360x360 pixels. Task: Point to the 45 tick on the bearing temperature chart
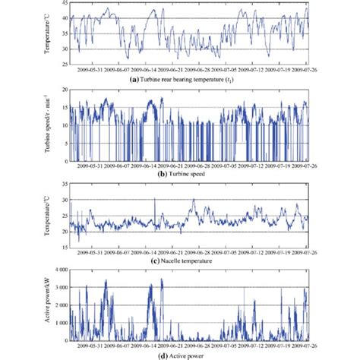coord(63,5)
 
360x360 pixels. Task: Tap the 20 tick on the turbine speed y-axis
coord(63,90)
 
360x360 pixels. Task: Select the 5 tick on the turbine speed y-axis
coord(63,144)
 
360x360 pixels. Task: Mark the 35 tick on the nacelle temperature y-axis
coord(63,181)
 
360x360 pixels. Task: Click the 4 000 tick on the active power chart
coord(61,269)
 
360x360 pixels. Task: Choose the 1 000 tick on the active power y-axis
coord(61,322)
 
